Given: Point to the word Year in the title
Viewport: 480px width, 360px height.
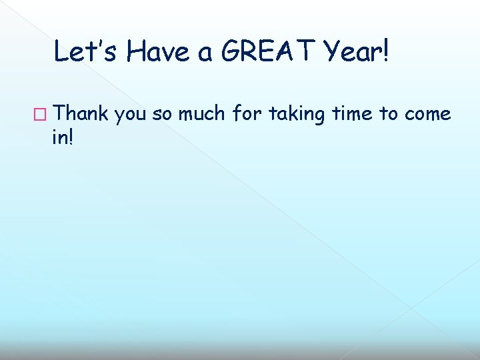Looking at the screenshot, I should (354, 51).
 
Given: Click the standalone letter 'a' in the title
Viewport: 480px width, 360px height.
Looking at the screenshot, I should (206, 53).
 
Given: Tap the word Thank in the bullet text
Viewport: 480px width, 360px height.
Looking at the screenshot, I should (81, 114).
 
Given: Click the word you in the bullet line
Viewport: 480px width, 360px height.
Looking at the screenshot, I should (131, 116).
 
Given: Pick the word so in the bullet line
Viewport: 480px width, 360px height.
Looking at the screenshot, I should (162, 116).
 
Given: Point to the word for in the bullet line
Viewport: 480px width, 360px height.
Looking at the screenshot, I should (248, 114).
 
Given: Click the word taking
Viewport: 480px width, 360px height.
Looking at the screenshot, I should (298, 115).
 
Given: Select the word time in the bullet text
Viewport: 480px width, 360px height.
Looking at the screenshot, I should (351, 114).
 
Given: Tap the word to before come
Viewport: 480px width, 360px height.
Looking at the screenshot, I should (389, 115).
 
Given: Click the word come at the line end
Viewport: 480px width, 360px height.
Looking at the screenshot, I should (427, 116).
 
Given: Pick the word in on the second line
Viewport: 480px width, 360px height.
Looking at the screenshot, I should (61, 137).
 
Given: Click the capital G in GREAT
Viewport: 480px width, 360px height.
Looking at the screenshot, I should (231, 51).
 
